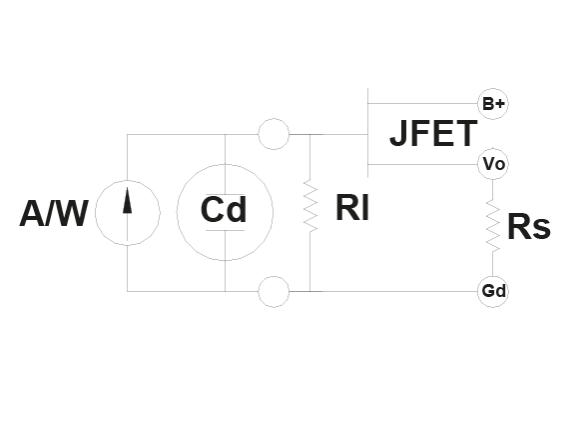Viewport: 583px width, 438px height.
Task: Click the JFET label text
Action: (433, 133)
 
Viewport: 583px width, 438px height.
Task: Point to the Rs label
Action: (529, 226)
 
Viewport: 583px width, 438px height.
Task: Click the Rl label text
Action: (352, 207)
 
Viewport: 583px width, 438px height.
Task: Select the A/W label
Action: (54, 213)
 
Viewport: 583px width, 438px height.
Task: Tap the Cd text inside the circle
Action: (224, 209)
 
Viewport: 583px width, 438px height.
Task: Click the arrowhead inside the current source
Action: (127, 200)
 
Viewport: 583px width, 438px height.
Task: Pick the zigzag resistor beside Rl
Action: (310, 206)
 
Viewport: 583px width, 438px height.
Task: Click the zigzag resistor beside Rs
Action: (493, 226)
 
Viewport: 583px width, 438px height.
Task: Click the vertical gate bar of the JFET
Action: (367, 133)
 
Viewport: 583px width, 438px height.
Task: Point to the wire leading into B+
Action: (422, 104)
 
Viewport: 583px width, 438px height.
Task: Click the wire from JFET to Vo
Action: (422, 164)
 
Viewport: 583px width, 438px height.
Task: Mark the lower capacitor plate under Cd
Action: (225, 231)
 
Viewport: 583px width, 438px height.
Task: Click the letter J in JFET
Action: (397, 133)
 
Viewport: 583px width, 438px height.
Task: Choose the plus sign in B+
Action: (500, 103)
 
